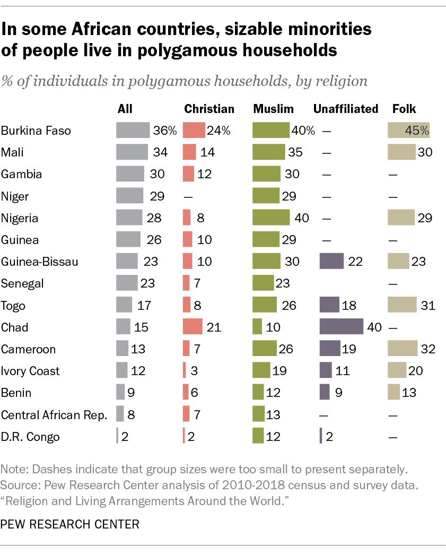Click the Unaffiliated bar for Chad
[x=341, y=327]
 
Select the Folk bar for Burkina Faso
[x=408, y=130]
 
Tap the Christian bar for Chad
[x=193, y=327]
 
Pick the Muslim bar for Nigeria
[x=271, y=218]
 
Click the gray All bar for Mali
[x=132, y=152]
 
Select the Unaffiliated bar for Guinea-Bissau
[x=331, y=261]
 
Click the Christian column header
[x=209, y=109]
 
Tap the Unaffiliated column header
[x=345, y=109]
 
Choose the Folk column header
[x=404, y=109]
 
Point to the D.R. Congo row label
[x=30, y=437]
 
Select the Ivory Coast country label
[x=30, y=371]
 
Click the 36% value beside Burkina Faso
[x=164, y=131]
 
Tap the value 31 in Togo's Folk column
[x=427, y=305]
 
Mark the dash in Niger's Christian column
[x=187, y=196]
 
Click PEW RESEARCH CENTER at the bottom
[x=70, y=524]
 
